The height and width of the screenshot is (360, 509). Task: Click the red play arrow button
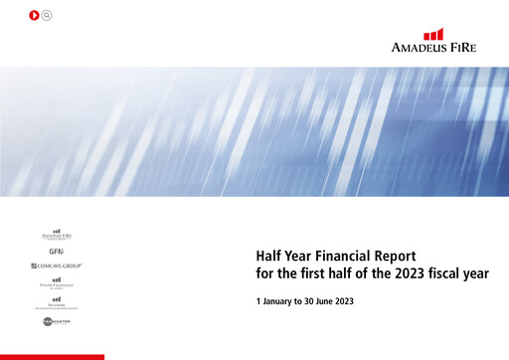point(35,16)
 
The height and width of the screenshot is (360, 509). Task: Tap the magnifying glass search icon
point(48,16)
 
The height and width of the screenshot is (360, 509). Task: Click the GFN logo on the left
point(56,252)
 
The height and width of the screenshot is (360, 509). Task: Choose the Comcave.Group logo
point(57,267)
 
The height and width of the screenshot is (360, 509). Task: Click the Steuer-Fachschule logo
point(57,283)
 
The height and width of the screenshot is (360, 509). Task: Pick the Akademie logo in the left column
point(57,301)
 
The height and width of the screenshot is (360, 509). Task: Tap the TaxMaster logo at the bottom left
point(57,322)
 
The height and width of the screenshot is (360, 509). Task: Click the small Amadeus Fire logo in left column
point(57,235)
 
